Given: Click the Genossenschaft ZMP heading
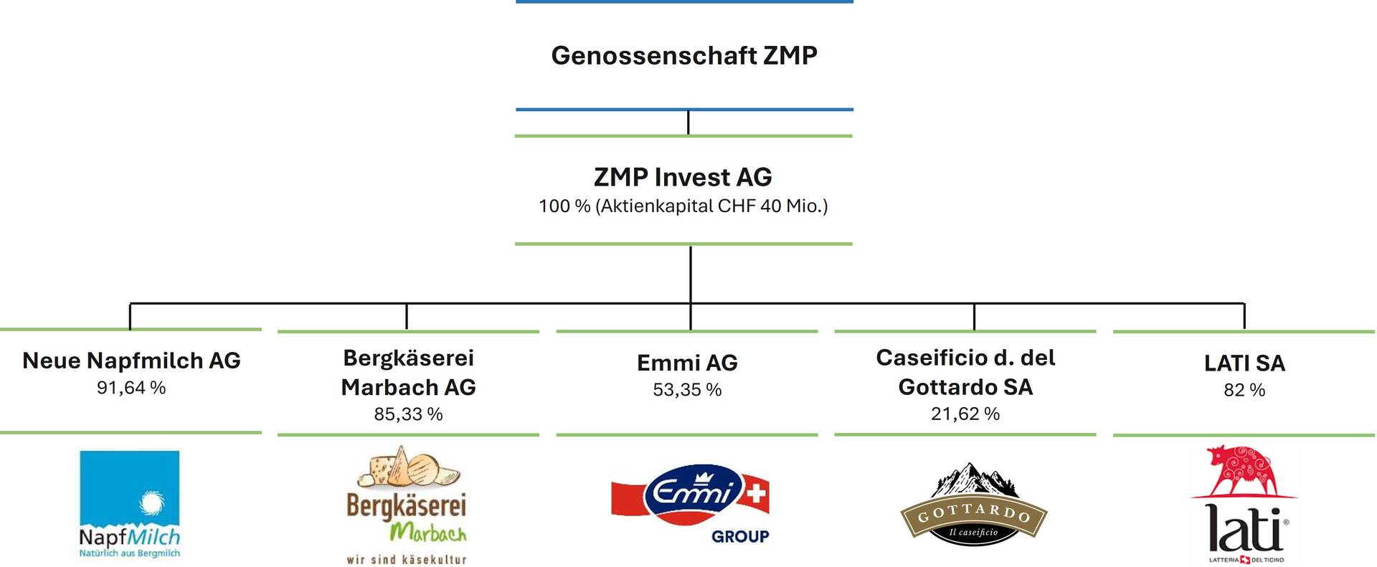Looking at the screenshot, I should (684, 55).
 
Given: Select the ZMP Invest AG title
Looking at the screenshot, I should (683, 176).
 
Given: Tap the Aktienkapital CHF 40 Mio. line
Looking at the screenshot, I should (683, 206).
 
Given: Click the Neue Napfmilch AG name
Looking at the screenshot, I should (131, 360).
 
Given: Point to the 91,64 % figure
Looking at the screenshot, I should (131, 388).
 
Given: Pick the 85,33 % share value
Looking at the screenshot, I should (408, 414).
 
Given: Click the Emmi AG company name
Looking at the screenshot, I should (687, 363).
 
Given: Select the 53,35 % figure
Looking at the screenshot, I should (687, 390).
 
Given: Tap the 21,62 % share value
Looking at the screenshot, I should (965, 414).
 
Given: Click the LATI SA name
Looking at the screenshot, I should (1244, 363).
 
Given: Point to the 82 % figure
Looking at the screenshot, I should (1244, 390).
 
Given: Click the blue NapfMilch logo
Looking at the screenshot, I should (130, 504).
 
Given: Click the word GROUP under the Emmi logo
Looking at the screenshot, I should (740, 536).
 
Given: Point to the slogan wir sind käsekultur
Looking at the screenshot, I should (407, 559).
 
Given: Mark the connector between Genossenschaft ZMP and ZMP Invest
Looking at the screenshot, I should (688, 123).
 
